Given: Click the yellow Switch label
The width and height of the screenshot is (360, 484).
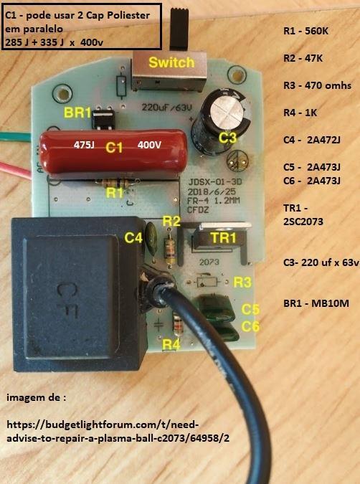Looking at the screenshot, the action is [x=171, y=62].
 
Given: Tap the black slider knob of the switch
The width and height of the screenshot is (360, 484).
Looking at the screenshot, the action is [x=179, y=29].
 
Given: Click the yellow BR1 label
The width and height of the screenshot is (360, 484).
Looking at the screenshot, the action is [x=77, y=113].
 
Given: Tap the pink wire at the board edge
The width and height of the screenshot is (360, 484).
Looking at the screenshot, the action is [x=16, y=169].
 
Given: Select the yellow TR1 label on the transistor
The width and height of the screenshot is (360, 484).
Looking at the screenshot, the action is [x=223, y=238].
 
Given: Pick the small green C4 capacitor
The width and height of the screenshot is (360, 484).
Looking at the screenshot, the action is [x=151, y=238].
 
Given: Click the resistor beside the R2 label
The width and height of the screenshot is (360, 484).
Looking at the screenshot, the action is [x=169, y=250].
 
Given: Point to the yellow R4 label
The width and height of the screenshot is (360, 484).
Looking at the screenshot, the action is [x=171, y=344].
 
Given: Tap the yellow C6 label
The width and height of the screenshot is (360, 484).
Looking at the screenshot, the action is [x=250, y=326].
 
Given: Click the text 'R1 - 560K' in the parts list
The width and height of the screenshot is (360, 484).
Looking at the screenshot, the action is [x=305, y=31].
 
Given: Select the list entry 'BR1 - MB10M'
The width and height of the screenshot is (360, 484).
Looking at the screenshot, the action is [x=316, y=303].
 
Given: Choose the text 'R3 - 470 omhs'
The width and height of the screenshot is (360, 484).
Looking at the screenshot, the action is [x=317, y=85].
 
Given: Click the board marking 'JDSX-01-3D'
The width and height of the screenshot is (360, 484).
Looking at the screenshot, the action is [x=215, y=181].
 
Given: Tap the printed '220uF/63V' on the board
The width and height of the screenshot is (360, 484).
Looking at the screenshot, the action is [x=166, y=108].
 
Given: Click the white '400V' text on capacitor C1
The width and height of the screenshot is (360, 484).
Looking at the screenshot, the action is [x=149, y=144].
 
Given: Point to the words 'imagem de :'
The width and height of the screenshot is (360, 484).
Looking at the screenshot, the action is [x=36, y=397].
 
